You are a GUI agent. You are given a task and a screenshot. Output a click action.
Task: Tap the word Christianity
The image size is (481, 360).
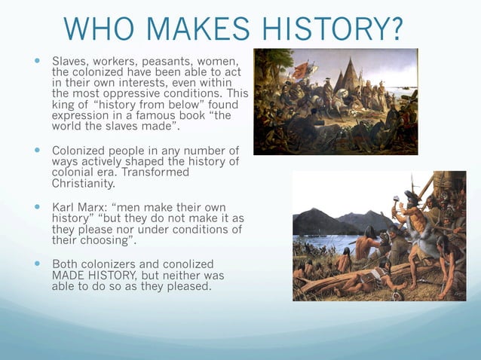click(84, 183)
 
